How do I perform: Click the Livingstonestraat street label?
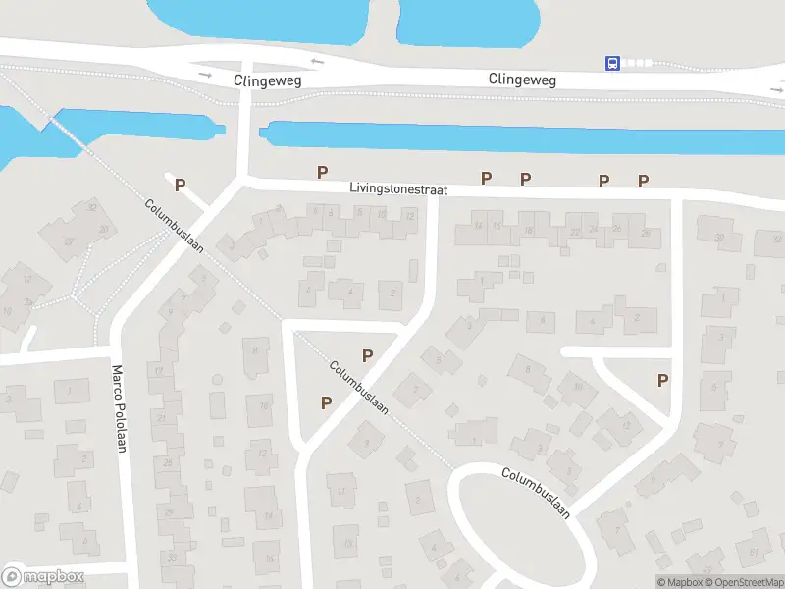[x=397, y=187]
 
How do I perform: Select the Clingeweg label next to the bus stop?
[x=522, y=80]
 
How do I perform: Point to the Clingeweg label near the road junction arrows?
[x=266, y=79]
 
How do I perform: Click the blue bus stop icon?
[x=613, y=63]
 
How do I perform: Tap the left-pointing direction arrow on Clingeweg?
[x=317, y=63]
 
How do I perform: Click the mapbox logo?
[x=43, y=576]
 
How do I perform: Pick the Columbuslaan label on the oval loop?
[x=536, y=492]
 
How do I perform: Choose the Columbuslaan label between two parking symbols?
[x=358, y=387]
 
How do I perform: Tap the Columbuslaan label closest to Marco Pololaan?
[x=174, y=226]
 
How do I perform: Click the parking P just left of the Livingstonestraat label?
[x=322, y=173]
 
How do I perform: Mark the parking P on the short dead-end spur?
[x=180, y=184]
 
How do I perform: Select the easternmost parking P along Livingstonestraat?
[x=644, y=180]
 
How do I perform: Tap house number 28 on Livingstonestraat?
[x=645, y=232]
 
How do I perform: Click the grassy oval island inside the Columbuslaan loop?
[x=521, y=531]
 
